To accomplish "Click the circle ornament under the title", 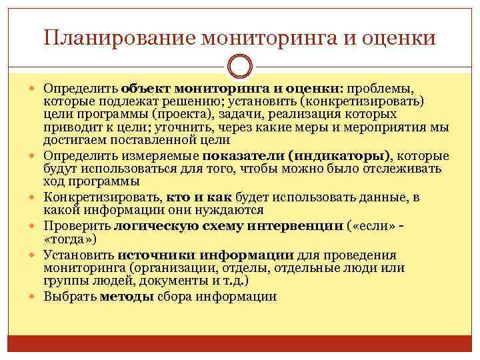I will (x=240, y=67).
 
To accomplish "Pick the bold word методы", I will (x=127, y=297).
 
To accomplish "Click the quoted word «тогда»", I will (x=71, y=239).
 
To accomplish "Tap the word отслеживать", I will (x=407, y=169).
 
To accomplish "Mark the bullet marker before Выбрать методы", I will (x=35, y=297).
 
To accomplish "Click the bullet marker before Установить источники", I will (x=35, y=256).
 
